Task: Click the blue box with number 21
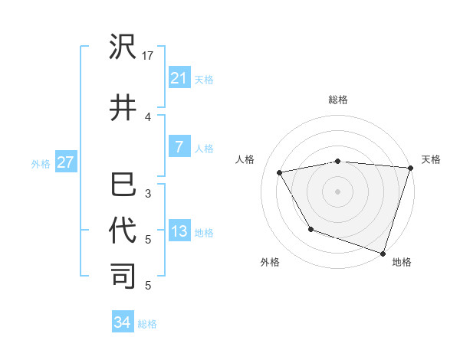(x=179, y=77)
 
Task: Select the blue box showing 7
(x=179, y=146)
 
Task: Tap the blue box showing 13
(x=179, y=231)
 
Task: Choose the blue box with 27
(x=65, y=162)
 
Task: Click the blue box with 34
(x=122, y=322)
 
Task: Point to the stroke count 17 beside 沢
(x=148, y=55)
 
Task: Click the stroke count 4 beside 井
(x=148, y=116)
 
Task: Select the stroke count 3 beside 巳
(x=148, y=194)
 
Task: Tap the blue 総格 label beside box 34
(x=147, y=324)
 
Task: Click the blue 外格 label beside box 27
(x=41, y=163)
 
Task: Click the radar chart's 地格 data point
(x=383, y=252)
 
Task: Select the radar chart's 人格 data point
(x=280, y=173)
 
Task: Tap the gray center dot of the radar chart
(x=337, y=191)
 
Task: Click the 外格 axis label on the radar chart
(x=270, y=262)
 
